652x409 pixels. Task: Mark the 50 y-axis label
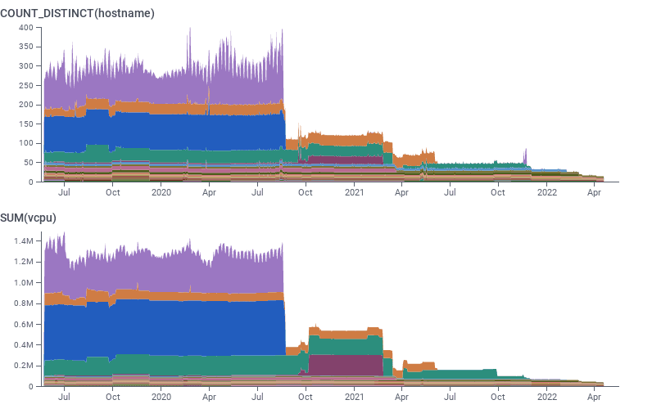click(27, 163)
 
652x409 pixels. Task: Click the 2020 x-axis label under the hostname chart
click(161, 193)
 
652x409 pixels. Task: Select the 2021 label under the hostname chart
click(354, 193)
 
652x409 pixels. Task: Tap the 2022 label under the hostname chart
click(546, 193)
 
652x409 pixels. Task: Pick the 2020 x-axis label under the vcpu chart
click(161, 397)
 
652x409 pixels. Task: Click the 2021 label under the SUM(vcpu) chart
click(354, 397)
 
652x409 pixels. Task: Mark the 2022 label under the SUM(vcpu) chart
click(546, 397)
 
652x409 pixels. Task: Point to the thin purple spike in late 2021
click(525, 155)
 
